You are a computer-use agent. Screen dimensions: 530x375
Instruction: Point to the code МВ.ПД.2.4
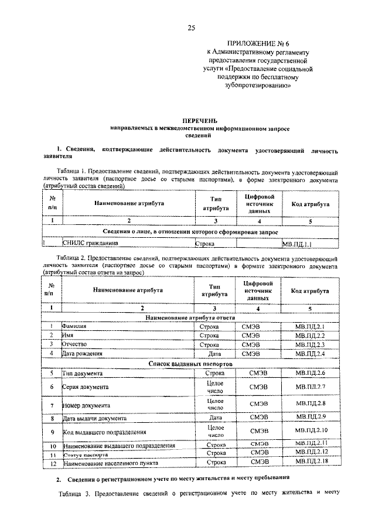(310, 354)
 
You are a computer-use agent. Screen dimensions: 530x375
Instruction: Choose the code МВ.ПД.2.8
(310, 404)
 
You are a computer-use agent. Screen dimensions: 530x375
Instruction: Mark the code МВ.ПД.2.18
(310, 462)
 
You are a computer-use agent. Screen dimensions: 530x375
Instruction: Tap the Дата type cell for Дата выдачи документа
(215, 418)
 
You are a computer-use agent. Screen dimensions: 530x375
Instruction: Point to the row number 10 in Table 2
(52, 446)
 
